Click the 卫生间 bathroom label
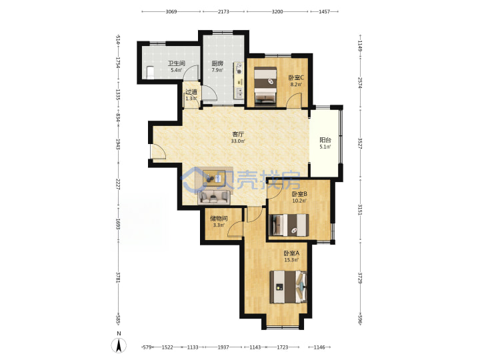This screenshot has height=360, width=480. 176,64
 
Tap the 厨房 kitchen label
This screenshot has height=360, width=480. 217,64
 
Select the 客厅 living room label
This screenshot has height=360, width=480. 238,135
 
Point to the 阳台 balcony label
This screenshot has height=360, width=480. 325,140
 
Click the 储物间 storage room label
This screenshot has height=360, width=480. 219,219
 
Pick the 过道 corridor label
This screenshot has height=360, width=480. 191,92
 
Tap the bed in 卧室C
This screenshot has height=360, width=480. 266,86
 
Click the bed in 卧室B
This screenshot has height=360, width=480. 289,225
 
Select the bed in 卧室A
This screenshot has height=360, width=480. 288,287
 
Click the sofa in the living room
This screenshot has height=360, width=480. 214,197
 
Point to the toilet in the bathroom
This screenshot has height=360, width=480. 150,73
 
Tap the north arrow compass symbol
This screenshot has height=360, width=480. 119,345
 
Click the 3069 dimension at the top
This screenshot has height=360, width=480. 171,11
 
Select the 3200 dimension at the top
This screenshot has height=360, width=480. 277,11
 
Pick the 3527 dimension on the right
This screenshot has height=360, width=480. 360,143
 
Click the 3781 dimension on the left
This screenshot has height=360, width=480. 118,277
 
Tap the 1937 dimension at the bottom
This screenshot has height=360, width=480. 223,347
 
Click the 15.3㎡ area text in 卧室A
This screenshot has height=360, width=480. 291,260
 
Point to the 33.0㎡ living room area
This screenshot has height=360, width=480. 238,141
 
